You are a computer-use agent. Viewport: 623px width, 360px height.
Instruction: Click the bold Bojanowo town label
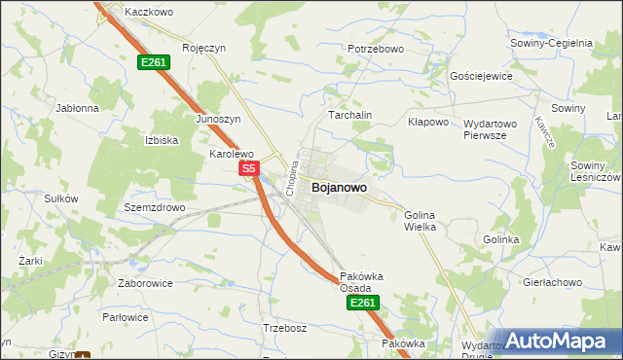339,189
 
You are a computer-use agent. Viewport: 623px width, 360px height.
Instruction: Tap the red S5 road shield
249,168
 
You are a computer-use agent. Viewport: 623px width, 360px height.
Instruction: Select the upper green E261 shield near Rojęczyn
154,62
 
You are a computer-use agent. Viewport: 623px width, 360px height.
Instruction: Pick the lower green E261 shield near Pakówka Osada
361,304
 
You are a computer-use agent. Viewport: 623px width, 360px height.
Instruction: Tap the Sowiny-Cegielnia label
551,43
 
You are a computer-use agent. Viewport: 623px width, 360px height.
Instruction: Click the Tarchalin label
350,115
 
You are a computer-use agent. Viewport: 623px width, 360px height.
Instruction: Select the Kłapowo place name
427,123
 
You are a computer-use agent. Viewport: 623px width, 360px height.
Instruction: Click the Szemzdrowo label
154,208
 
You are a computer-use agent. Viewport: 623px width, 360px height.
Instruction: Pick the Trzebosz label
284,328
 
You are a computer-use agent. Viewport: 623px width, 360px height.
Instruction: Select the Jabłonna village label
78,108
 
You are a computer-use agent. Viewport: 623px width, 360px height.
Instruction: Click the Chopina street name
290,178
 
